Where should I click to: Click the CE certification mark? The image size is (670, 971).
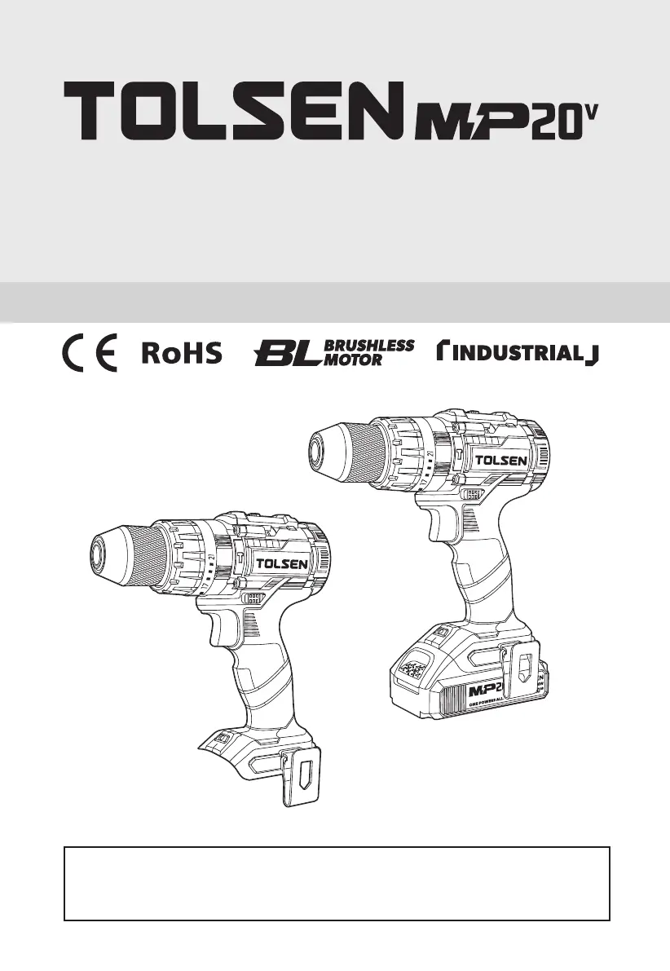pyautogui.click(x=90, y=353)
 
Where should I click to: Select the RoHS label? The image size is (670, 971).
pyautogui.click(x=182, y=354)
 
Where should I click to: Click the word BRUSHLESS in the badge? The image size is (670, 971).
pyautogui.click(x=369, y=346)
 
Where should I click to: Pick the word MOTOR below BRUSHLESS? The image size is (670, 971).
pyautogui.click(x=353, y=360)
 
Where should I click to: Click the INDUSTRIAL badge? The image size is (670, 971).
pyautogui.click(x=518, y=353)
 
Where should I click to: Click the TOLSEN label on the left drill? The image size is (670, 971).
pyautogui.click(x=282, y=563)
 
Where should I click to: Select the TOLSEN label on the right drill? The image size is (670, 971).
pyautogui.click(x=501, y=460)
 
